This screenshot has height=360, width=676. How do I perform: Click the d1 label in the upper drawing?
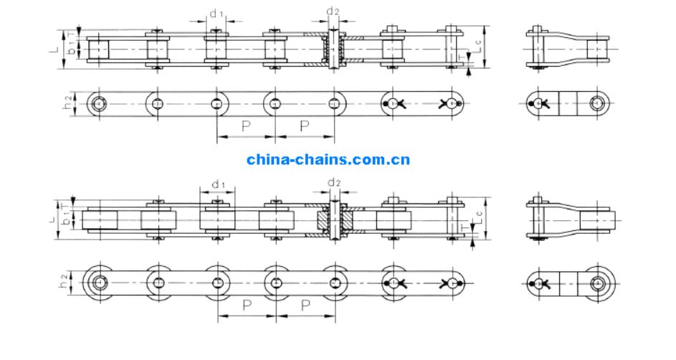point(216,13)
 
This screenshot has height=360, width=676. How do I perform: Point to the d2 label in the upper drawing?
point(333,11)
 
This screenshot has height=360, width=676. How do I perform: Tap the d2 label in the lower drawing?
point(333,182)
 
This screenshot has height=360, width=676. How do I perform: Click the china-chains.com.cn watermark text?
point(328,159)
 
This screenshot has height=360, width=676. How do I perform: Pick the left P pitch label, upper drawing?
point(245,126)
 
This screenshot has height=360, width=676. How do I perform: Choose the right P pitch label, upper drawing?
point(304,126)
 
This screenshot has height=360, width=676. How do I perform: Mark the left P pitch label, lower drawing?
point(246,306)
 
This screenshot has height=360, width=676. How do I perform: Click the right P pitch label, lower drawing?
point(305,306)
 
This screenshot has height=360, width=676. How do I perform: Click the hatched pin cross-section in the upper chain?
point(333,49)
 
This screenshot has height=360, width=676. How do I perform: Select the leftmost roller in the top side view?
point(97,49)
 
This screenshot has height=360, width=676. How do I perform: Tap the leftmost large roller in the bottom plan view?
point(98,282)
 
